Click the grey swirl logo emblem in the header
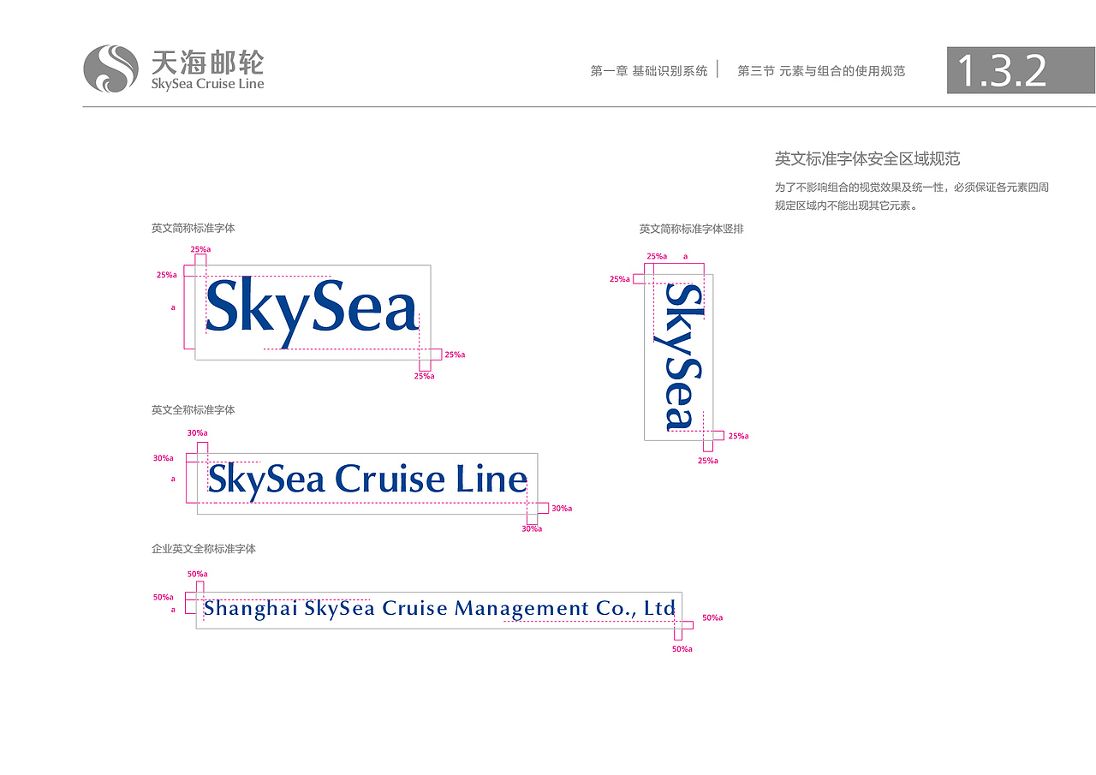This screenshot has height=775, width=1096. click(111, 69)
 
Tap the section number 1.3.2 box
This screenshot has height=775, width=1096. click(1022, 70)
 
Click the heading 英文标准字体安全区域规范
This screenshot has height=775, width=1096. click(867, 159)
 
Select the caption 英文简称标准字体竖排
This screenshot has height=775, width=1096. click(691, 229)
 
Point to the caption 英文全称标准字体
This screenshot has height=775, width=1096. click(194, 410)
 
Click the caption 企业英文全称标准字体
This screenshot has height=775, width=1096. click(204, 549)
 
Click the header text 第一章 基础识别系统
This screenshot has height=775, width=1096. click(649, 71)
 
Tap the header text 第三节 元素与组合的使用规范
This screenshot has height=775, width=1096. click(821, 71)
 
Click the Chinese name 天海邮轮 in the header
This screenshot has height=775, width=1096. click(208, 63)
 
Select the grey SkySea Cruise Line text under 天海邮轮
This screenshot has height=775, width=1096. click(207, 84)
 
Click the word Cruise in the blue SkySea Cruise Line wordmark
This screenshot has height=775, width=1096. click(390, 478)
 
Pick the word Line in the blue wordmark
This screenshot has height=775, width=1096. click(491, 478)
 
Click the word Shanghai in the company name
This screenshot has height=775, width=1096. click(251, 608)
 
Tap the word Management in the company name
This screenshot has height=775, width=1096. click(521, 610)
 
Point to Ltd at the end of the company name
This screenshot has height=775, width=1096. click(659, 608)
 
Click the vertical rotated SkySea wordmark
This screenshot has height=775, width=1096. click(683, 357)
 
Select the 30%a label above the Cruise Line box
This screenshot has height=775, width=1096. click(197, 433)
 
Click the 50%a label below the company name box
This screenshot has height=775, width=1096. click(682, 649)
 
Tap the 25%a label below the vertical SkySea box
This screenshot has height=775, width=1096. click(708, 461)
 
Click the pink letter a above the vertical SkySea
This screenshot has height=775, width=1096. click(686, 256)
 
